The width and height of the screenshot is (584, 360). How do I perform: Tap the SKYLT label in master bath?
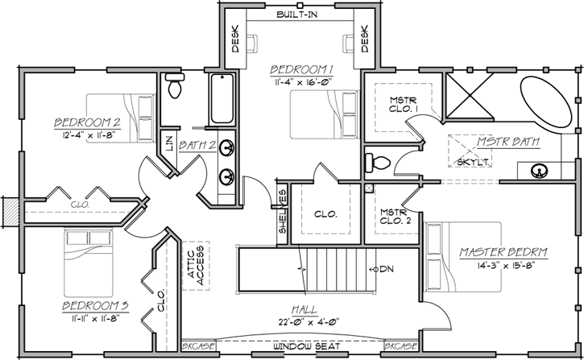[474, 161]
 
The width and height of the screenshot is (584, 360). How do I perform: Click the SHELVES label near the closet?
[282, 212]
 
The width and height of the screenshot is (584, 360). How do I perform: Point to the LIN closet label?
[168, 144]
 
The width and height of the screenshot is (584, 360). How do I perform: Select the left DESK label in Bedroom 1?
[236, 39]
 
